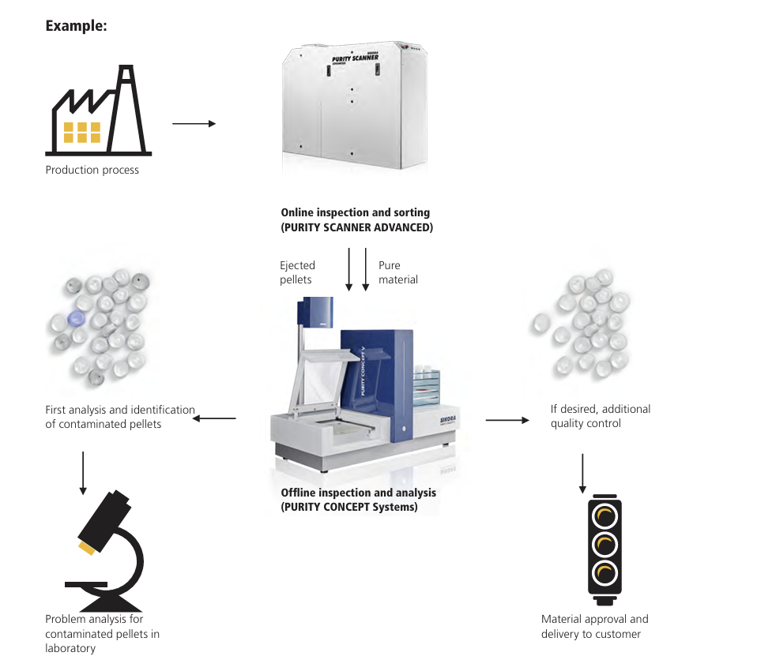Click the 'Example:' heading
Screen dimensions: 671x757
pyautogui.click(x=76, y=26)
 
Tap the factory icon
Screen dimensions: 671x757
pyautogui.click(x=98, y=110)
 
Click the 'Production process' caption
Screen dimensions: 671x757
pyautogui.click(x=92, y=170)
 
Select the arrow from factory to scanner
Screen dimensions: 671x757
pyautogui.click(x=194, y=124)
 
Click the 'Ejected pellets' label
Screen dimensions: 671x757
pyautogui.click(x=297, y=272)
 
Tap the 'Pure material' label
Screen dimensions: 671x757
pyautogui.click(x=397, y=272)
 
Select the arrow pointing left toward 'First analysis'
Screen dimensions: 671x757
pyautogui.click(x=214, y=418)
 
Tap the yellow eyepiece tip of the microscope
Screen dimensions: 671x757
pyautogui.click(x=86, y=547)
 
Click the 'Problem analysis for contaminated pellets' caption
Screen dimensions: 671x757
pyautogui.click(x=102, y=633)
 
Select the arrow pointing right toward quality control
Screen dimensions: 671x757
pyautogui.click(x=507, y=420)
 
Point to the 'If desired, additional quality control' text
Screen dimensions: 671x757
pyautogui.click(x=600, y=416)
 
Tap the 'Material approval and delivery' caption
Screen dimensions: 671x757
pyautogui.click(x=594, y=627)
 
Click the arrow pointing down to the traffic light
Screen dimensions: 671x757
pyautogui.click(x=582, y=473)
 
